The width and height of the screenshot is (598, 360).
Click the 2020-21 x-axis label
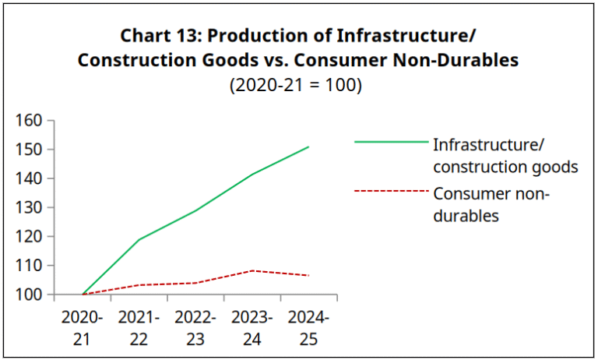[82, 328]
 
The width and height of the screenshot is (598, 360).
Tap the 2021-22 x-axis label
[139, 328]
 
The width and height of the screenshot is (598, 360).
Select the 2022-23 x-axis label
[195, 328]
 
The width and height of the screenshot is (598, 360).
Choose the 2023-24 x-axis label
[252, 328]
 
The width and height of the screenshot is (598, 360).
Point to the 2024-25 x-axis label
[308, 328]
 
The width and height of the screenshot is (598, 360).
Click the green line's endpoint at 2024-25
[309, 146]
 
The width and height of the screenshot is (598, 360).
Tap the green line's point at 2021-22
[139, 239]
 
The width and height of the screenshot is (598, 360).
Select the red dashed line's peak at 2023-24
[252, 270]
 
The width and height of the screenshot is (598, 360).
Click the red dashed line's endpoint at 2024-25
[309, 275]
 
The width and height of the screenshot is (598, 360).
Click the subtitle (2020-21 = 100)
[296, 85]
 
